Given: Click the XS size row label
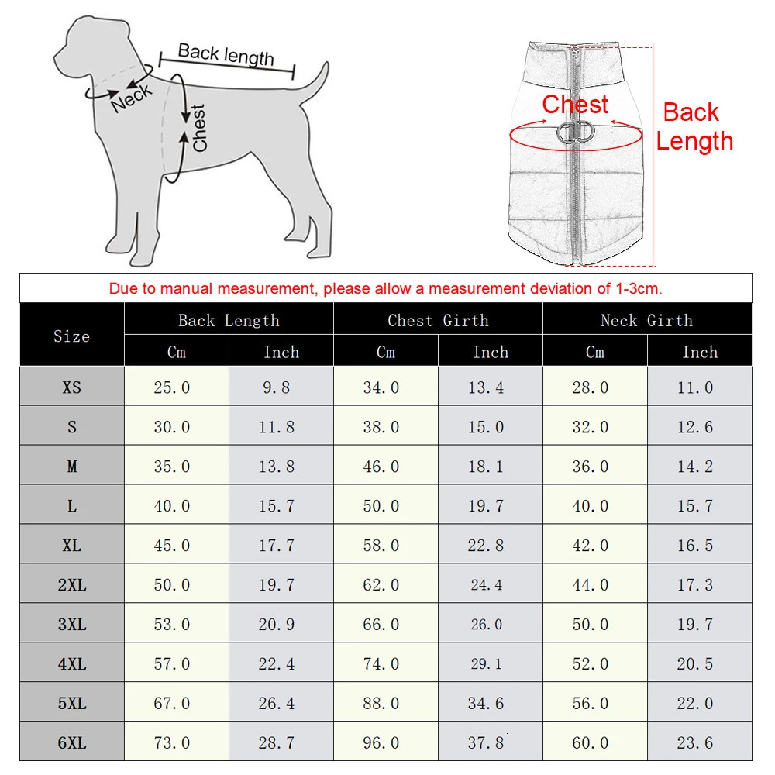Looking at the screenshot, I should point(71,387).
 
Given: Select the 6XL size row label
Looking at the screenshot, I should point(71,742).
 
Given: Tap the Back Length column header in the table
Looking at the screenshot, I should point(229,320).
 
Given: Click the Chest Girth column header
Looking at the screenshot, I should point(438,320).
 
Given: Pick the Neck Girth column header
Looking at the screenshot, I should point(646,320).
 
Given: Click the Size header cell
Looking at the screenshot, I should point(71,336).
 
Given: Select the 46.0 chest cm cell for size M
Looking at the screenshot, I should point(381,467).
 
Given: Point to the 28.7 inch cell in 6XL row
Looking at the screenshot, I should point(277,742).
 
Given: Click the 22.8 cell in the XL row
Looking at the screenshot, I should point(486,546).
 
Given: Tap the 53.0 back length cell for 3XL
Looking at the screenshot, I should point(172,625).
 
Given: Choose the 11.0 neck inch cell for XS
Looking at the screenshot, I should point(695,387).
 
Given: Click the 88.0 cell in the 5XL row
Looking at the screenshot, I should point(381,704).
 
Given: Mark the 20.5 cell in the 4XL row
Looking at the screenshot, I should point(695,664).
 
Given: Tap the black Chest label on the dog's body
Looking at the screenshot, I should point(199,128).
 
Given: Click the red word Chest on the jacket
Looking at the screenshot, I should point(575,105).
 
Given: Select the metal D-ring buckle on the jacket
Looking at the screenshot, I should point(574,133).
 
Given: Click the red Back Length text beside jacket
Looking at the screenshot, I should point(694,126).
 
